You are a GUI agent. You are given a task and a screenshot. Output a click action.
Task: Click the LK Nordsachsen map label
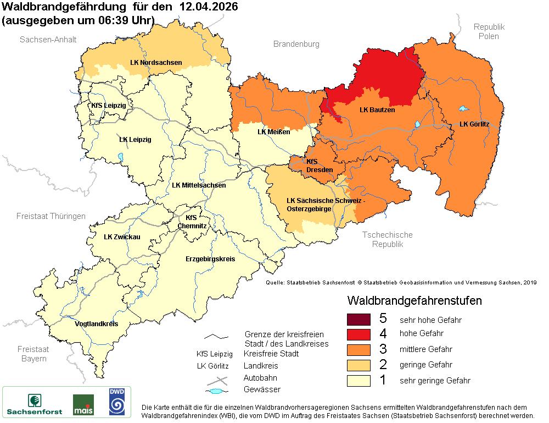(156, 63)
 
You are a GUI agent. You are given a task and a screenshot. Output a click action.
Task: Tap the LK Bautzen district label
(377, 110)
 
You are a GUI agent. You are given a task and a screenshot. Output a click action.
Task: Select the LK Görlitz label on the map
(474, 124)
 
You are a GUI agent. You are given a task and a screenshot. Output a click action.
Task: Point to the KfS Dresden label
(319, 166)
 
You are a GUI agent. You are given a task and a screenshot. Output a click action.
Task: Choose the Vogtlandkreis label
(96, 324)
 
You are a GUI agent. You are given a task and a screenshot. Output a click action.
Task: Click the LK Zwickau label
(122, 237)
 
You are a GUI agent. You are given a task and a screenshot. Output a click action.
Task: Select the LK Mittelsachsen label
(199, 185)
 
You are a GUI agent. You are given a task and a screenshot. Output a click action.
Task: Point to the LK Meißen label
(273, 132)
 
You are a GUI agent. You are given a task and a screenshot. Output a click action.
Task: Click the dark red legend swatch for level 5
(359, 319)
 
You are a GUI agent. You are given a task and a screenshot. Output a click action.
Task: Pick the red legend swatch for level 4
(359, 334)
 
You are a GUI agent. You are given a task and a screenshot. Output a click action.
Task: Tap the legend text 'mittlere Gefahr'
(426, 349)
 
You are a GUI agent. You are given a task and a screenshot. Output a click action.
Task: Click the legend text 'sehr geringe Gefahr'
(435, 381)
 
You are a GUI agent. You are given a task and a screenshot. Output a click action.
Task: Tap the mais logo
(83, 404)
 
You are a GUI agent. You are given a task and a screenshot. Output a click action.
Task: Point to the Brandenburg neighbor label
(296, 44)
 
